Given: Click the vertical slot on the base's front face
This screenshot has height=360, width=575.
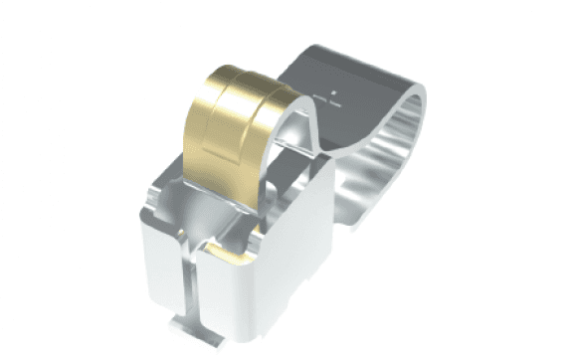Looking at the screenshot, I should point(194,283).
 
